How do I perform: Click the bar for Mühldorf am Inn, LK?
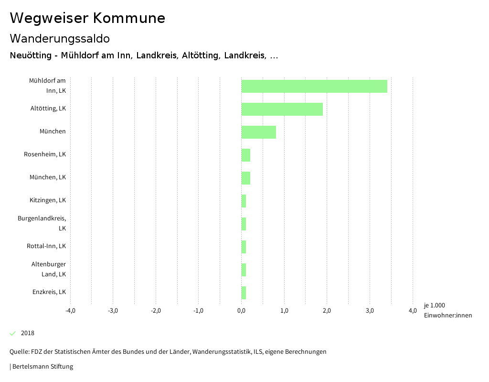point(314,86)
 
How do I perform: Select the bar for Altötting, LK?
point(282,109)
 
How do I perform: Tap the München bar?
point(258,132)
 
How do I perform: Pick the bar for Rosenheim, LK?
point(245,155)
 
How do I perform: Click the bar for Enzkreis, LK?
point(244,293)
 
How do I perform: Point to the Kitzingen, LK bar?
point(244,201)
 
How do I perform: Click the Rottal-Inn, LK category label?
point(46,246)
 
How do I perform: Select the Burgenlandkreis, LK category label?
point(42,223)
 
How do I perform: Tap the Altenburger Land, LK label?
point(49,269)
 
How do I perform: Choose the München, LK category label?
point(48,177)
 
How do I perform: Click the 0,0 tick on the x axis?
point(241,311)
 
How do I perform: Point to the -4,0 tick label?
point(70,311)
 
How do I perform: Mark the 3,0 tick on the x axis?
point(370,311)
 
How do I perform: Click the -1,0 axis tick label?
point(199,311)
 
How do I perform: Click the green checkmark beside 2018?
point(13,333)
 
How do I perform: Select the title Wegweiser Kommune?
point(87,18)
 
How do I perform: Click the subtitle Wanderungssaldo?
point(60,38)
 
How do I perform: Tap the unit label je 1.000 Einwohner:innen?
point(447,310)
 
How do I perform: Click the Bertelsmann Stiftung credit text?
point(43,367)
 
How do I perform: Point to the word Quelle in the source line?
point(19,352)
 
